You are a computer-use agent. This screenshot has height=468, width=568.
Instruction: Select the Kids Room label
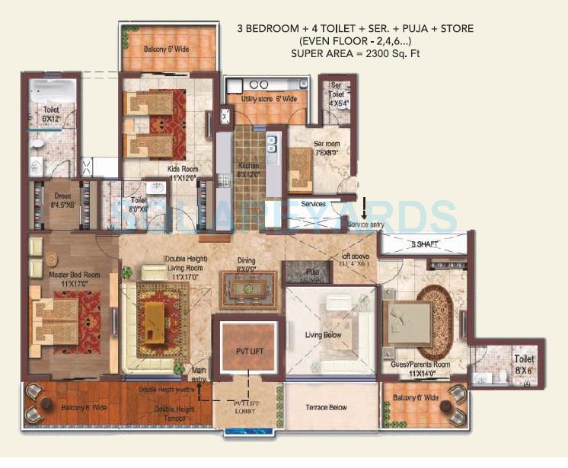pyautogui.click(x=183, y=173)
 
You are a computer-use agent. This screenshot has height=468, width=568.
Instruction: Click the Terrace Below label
pyautogui.click(x=327, y=408)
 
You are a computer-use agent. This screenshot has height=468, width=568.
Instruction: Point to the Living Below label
pyautogui.click(x=324, y=335)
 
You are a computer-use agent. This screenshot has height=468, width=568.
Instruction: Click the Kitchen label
pyautogui.click(x=248, y=169)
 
